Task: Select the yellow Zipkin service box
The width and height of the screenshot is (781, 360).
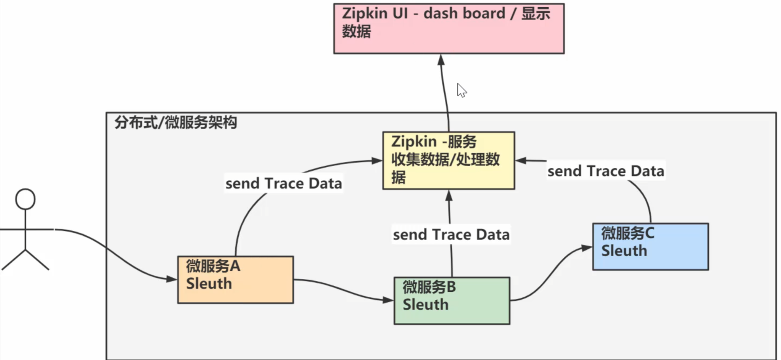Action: pyautogui.click(x=448, y=161)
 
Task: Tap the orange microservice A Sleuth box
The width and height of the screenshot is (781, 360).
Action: pyautogui.click(x=236, y=280)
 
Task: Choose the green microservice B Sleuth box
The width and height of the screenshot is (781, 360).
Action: pyautogui.click(x=452, y=301)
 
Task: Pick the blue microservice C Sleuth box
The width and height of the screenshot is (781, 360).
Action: pyautogui.click(x=650, y=247)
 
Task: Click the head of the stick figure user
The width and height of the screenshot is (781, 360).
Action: pyautogui.click(x=25, y=199)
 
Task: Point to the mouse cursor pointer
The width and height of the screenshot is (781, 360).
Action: pyautogui.click(x=461, y=90)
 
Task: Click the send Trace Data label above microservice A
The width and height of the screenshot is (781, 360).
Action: pyautogui.click(x=284, y=184)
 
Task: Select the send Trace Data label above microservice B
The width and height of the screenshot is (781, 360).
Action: pyautogui.click(x=451, y=234)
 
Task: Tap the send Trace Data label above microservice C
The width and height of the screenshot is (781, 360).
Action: pyautogui.click(x=605, y=171)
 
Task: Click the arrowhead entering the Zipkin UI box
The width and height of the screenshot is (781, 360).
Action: pyautogui.click(x=441, y=60)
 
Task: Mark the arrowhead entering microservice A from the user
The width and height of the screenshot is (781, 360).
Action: pyautogui.click(x=172, y=278)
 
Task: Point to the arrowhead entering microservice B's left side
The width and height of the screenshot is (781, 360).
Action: pyautogui.click(x=388, y=300)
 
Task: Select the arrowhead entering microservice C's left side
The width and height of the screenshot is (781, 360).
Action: pyautogui.click(x=587, y=248)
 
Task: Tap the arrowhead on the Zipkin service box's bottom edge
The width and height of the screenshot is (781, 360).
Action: pyautogui.click(x=449, y=196)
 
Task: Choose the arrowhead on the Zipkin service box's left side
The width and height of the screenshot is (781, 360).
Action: pyautogui.click(x=377, y=161)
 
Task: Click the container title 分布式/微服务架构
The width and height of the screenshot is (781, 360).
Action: pyautogui.click(x=176, y=122)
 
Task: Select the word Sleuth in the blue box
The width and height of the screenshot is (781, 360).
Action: pyautogui.click(x=624, y=251)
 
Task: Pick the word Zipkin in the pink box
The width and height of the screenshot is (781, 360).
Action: pyautogui.click(x=364, y=13)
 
